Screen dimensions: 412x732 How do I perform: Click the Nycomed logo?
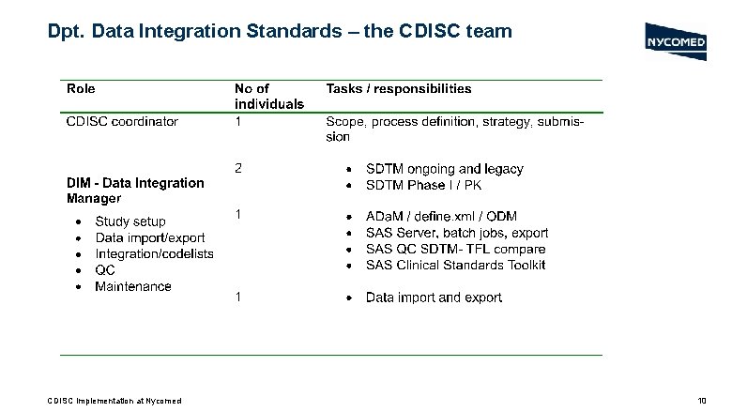[x=677, y=42]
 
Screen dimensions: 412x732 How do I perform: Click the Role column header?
[x=81, y=89]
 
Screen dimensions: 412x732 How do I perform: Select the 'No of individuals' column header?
[x=268, y=97]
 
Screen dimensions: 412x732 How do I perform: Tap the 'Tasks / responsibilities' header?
[x=399, y=89]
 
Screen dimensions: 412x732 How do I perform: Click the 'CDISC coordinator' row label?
[x=122, y=121]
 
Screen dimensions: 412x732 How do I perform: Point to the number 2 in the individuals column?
[x=238, y=169]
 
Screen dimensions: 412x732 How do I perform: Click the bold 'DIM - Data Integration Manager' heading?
[x=135, y=191]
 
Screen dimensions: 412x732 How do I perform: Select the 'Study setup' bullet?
[x=130, y=222]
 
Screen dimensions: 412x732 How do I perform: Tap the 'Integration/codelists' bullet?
[x=154, y=254]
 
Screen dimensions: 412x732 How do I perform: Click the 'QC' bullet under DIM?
[x=105, y=270]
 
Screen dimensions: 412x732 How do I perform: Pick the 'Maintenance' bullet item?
[x=132, y=286]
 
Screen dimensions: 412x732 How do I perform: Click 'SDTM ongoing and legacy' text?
[x=444, y=170]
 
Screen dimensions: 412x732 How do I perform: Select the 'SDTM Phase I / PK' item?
[x=424, y=186]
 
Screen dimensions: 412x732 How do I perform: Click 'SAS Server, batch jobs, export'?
[x=456, y=233]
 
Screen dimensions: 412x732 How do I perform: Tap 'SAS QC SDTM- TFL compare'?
[x=455, y=249]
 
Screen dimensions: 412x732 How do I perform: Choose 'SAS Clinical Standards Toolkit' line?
[x=455, y=265]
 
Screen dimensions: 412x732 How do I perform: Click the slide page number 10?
[x=701, y=401]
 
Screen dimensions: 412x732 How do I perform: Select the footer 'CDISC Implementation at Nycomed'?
[x=114, y=401]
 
